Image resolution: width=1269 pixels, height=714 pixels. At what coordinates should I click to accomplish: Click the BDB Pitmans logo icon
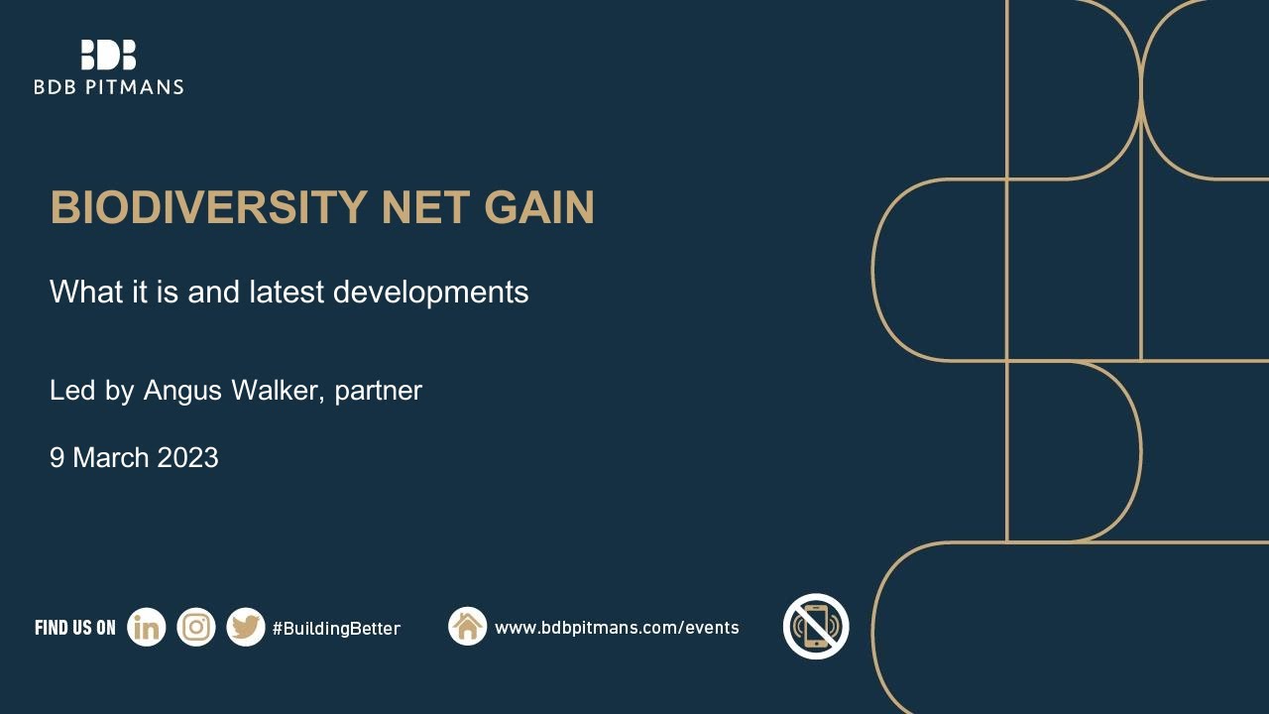coord(108,55)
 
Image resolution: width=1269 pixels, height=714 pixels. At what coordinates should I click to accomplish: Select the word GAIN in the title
coord(539,208)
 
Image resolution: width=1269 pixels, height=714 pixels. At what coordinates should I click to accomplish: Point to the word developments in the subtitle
coord(430,293)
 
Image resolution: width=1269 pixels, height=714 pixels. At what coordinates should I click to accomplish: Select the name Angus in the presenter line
coord(182,391)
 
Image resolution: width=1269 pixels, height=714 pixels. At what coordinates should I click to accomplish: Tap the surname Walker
coord(276,391)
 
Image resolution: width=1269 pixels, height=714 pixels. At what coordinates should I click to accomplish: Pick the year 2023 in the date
coord(187,458)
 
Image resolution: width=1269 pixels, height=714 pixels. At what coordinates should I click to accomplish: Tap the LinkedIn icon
coord(147,628)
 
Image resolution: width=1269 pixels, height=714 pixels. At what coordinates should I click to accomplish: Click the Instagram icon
coord(196,628)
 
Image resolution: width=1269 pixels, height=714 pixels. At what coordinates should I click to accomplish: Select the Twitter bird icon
coord(245,628)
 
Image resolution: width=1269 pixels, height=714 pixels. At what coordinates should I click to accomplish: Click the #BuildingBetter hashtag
coord(336,629)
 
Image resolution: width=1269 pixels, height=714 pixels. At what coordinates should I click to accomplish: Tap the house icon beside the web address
coord(467,627)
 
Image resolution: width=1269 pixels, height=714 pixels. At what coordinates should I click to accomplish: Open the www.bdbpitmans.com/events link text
coord(617,628)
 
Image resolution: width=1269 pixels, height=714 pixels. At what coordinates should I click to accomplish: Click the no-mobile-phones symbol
coord(816,627)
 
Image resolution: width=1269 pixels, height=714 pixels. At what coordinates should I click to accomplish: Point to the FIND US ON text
coord(75,628)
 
